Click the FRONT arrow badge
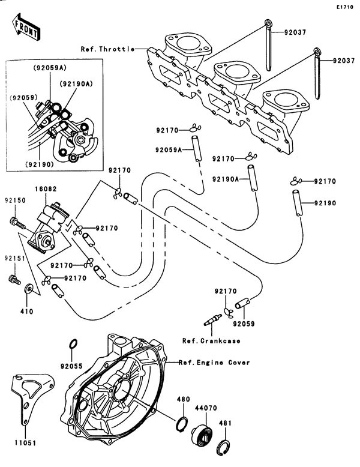(x=26, y=26)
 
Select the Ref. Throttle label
(x=107, y=49)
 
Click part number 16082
(x=49, y=188)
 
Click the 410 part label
(x=28, y=312)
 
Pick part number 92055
(x=71, y=366)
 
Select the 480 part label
(x=182, y=399)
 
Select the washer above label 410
(x=28, y=292)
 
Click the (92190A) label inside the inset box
(x=74, y=84)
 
